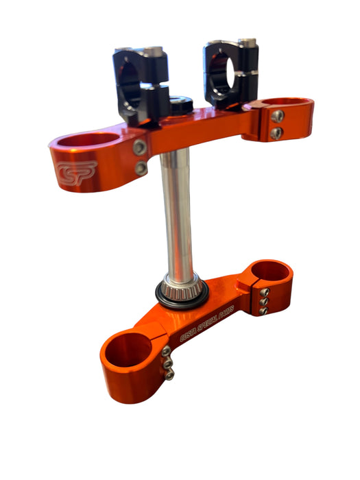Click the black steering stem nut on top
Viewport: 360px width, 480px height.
click(x=180, y=106)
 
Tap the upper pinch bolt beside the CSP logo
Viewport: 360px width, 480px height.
click(x=139, y=147)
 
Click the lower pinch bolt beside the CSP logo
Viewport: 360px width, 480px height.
click(x=140, y=167)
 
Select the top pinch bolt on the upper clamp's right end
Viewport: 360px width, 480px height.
click(x=277, y=117)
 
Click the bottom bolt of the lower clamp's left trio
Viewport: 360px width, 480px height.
click(x=168, y=374)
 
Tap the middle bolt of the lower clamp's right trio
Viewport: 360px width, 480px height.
click(x=263, y=300)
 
